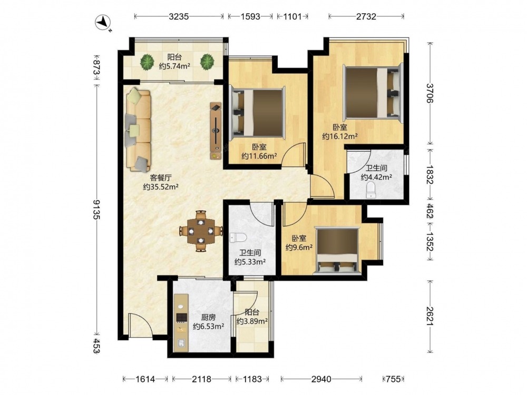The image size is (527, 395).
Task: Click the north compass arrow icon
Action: [104, 23]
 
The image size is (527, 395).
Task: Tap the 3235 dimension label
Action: [179, 16]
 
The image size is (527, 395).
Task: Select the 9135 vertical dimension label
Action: [97, 209]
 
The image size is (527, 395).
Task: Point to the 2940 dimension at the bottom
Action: [321, 379]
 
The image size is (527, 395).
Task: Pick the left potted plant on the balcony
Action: [147, 62]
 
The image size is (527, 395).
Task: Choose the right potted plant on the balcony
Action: [207, 62]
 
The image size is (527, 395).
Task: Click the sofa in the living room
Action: [138, 130]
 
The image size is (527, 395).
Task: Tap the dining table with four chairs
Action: [201, 231]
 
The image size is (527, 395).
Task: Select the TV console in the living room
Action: [216, 131]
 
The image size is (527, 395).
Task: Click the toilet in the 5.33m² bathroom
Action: [238, 238]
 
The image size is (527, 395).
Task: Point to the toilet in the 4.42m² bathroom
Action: [370, 191]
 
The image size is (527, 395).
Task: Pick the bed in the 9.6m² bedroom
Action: [337, 251]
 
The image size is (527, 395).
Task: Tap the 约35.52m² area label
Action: [160, 187]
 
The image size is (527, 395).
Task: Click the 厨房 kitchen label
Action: [208, 317]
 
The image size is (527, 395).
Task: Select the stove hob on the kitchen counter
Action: [181, 318]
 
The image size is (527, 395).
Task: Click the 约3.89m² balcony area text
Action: [252, 321]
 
